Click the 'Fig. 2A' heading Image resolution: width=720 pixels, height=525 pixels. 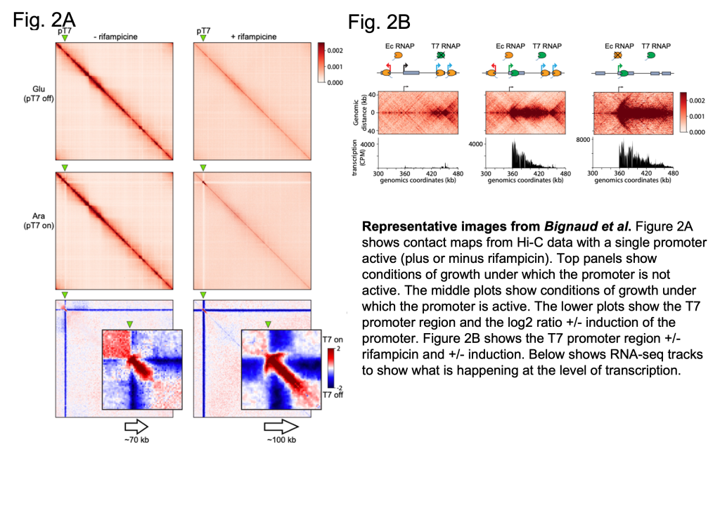(x=44, y=20)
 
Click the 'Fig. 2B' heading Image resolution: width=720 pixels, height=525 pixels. (x=379, y=22)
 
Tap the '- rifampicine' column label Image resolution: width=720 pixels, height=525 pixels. (x=115, y=37)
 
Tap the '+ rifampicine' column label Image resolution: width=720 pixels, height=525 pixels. (x=253, y=37)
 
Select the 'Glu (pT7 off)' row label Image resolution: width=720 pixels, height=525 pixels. (x=39, y=93)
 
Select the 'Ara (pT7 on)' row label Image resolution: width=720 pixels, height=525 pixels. (x=39, y=221)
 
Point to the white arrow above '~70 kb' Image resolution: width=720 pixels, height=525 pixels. (x=136, y=427)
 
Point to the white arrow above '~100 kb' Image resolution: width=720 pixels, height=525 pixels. (x=281, y=427)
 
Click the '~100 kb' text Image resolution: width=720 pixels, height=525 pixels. (x=281, y=440)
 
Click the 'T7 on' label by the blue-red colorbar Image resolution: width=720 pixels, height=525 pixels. (x=333, y=339)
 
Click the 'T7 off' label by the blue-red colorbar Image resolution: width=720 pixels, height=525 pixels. (x=333, y=395)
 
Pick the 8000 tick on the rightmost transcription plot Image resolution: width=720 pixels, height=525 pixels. (x=583, y=140)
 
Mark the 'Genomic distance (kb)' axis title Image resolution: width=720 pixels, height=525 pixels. (x=359, y=112)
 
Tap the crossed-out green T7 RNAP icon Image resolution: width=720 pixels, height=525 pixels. (x=441, y=56)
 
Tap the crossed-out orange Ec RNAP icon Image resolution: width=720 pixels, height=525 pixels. (x=617, y=56)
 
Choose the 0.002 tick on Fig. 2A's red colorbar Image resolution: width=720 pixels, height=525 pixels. (x=335, y=51)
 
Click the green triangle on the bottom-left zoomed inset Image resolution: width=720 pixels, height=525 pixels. (x=130, y=325)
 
